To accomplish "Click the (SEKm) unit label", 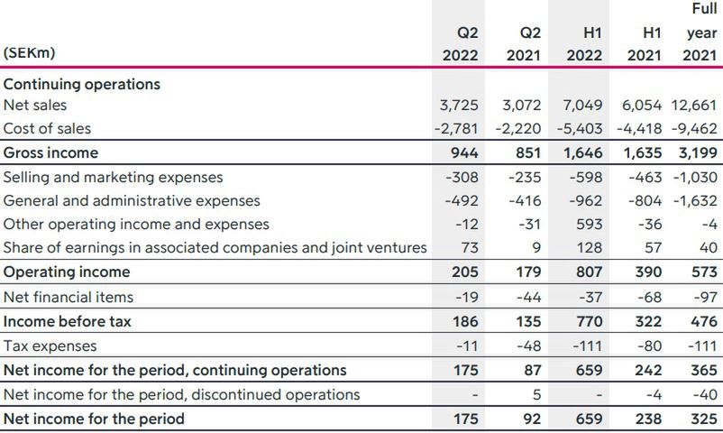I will point(30,53).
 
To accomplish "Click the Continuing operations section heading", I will point(82,84).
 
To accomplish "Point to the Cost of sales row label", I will point(47,128).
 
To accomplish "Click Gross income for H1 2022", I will point(583,152).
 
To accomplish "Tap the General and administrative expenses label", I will point(132,201).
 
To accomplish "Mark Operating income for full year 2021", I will point(704,272).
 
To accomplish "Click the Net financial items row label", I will point(69,297).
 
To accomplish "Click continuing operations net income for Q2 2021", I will point(530,370).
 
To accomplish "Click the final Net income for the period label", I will point(94,419).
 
